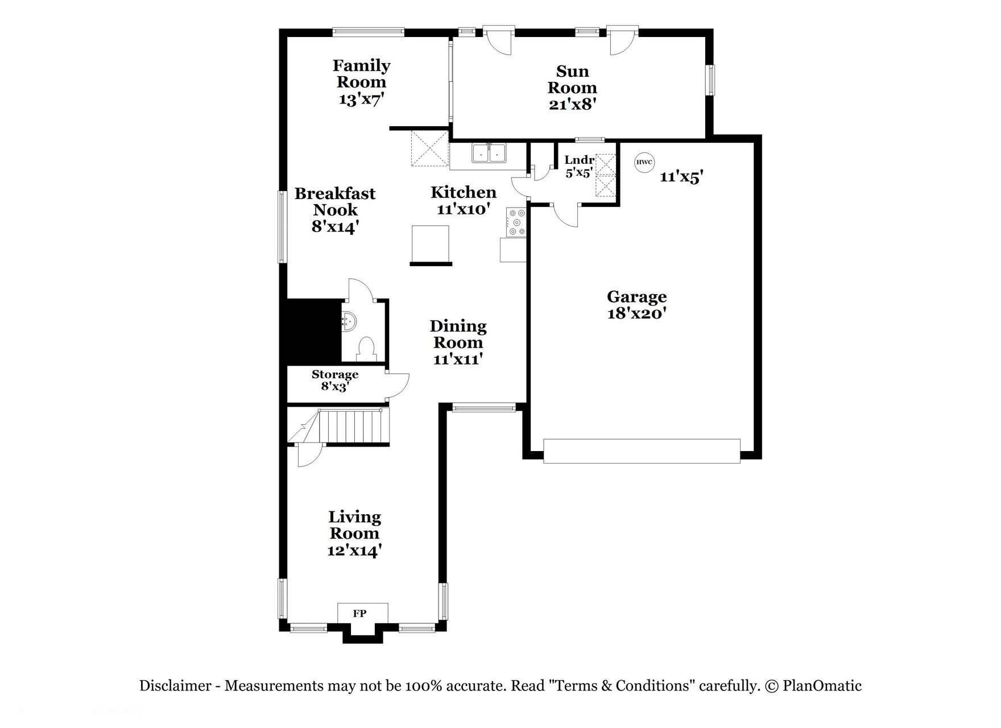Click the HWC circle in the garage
click(644, 162)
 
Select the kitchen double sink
click(489, 154)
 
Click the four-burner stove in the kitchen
click(517, 222)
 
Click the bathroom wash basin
click(348, 321)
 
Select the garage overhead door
click(642, 450)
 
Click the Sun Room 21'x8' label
click(572, 88)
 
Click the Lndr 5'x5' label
click(579, 166)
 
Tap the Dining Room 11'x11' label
click(458, 342)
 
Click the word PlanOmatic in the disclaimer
click(822, 686)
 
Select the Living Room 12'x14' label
click(354, 533)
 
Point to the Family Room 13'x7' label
click(362, 82)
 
